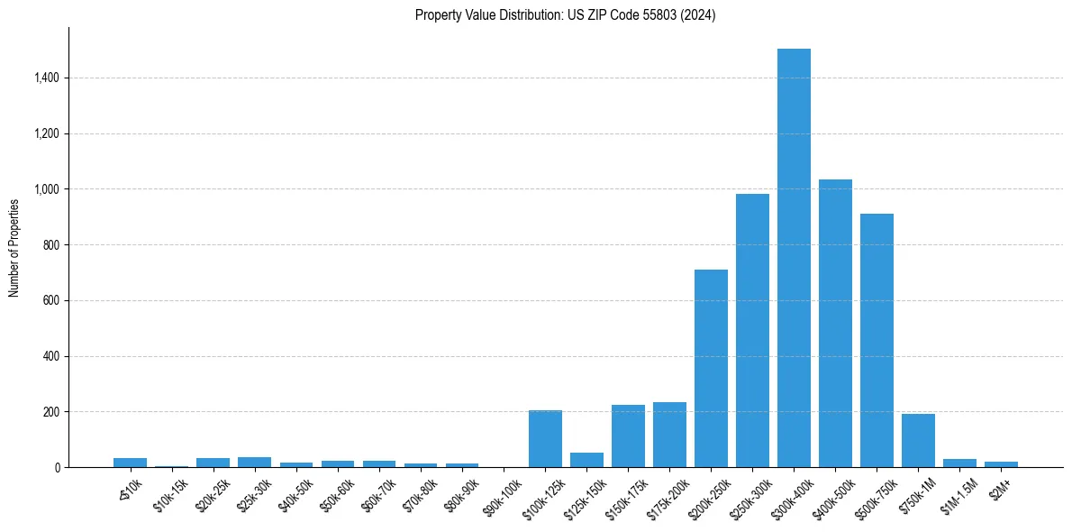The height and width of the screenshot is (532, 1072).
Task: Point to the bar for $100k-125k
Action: (x=545, y=438)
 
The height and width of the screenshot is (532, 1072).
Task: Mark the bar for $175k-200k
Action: (x=669, y=435)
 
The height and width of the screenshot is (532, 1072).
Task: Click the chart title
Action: (x=565, y=15)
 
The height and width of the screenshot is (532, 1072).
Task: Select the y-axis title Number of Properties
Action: (x=14, y=247)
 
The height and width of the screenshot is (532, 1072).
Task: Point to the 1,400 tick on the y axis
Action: (x=46, y=78)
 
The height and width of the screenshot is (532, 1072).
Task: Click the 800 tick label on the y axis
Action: (x=51, y=245)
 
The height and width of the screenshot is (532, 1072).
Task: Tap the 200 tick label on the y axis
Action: (x=51, y=412)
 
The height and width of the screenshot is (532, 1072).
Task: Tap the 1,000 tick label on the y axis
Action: (x=46, y=189)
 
